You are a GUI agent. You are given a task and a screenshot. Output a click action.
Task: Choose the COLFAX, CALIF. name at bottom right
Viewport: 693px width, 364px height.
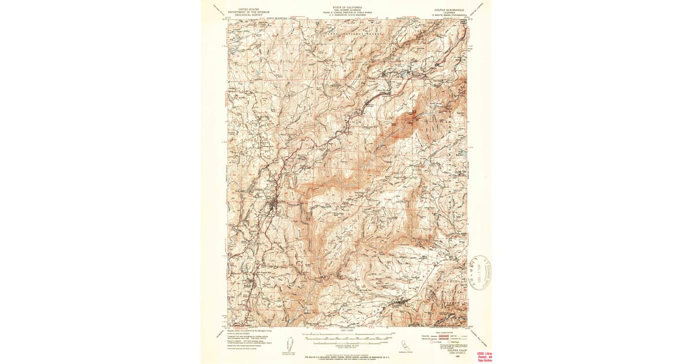[452, 351]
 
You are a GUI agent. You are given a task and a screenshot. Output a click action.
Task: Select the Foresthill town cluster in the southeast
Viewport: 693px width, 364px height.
[400, 302]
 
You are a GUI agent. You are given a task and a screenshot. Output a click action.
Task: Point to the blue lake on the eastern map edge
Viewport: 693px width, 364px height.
[462, 154]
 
